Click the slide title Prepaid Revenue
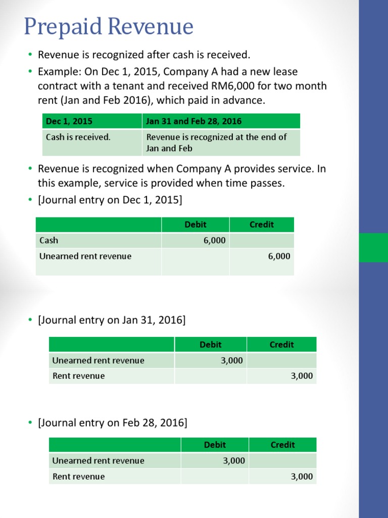click(109, 26)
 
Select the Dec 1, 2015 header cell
click(69, 121)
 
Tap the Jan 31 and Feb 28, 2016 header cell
click(193, 121)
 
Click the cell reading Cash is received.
click(78, 137)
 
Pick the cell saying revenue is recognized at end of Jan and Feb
click(216, 143)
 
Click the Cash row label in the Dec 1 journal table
click(49, 240)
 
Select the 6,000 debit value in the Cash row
click(215, 240)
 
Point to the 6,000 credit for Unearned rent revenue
click(279, 256)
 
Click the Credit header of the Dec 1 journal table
click(262, 225)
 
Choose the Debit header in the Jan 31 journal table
click(211, 344)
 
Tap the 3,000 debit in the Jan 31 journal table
click(231, 360)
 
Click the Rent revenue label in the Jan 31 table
click(79, 376)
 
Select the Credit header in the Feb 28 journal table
click(282, 445)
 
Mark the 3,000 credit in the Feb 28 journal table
click(302, 477)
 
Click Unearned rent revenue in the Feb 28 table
click(99, 461)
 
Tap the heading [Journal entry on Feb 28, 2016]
click(112, 422)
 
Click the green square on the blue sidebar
click(373, 248)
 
